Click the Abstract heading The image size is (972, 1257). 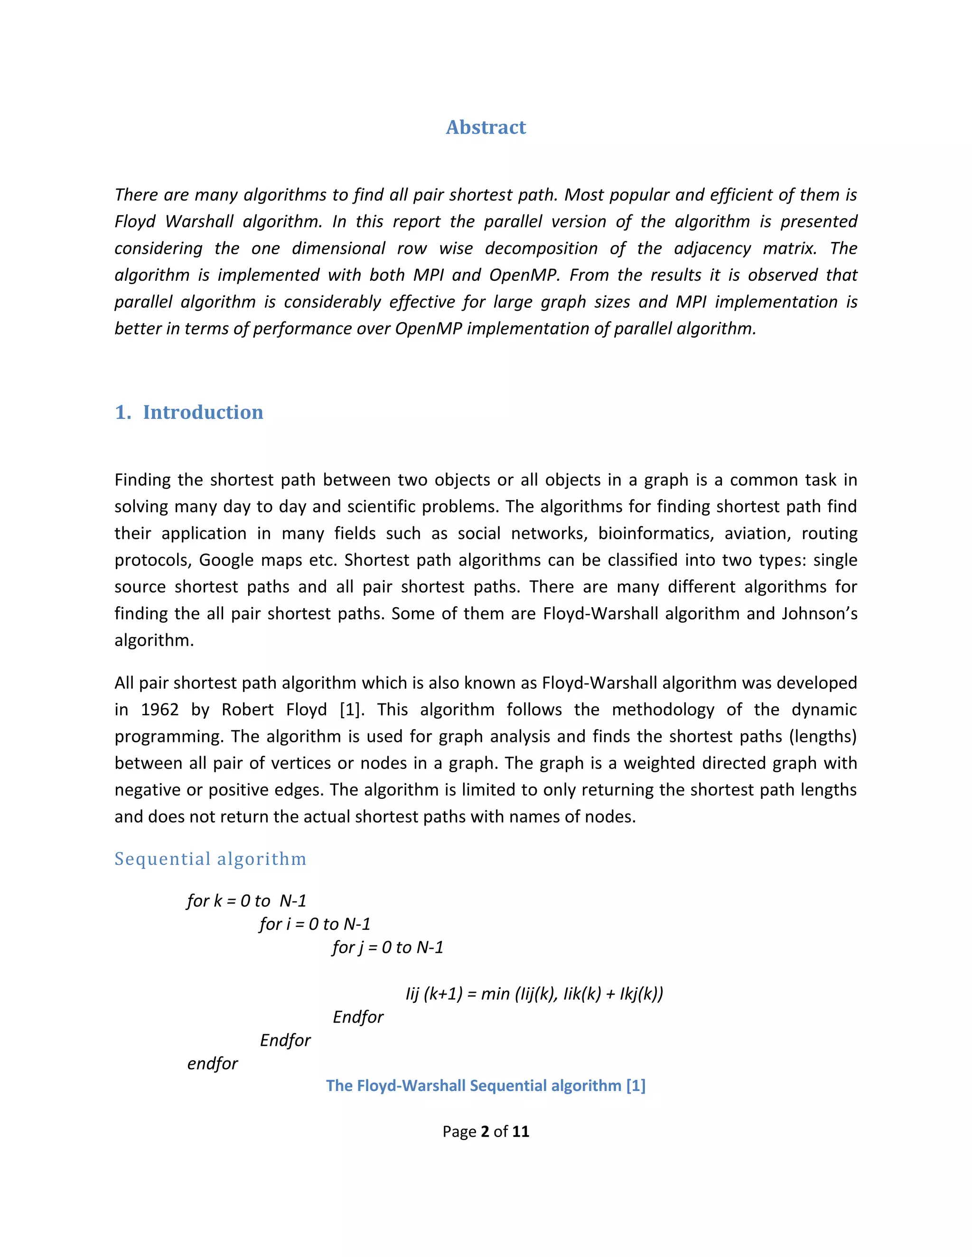point(486,127)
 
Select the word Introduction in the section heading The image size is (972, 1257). point(203,412)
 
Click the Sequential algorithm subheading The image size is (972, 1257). point(210,859)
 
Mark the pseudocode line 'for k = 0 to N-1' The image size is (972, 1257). point(246,901)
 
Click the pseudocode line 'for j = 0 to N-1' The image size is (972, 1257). point(388,947)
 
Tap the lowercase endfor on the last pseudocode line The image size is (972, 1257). point(213,1063)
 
